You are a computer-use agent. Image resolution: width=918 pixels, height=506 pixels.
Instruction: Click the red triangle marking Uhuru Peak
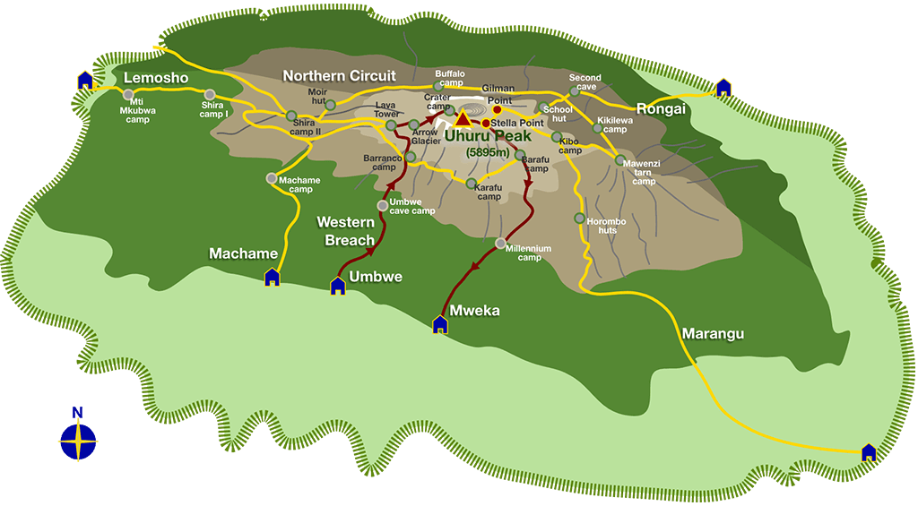(x=463, y=119)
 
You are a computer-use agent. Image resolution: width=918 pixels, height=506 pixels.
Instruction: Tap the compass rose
(x=78, y=439)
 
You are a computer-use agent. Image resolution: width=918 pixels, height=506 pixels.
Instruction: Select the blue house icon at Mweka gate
(x=440, y=323)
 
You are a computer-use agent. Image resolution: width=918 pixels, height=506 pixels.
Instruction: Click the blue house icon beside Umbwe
(x=338, y=286)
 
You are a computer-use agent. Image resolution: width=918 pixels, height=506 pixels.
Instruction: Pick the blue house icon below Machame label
(x=272, y=277)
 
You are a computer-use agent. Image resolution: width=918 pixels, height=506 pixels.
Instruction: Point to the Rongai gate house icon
(x=723, y=87)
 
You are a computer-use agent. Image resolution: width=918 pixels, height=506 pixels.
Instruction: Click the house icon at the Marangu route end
(x=868, y=452)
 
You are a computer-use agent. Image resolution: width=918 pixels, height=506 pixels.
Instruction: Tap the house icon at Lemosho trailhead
(x=85, y=81)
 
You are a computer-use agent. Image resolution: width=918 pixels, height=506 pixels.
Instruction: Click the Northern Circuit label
(x=339, y=76)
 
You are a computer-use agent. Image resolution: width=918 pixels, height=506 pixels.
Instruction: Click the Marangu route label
(x=713, y=334)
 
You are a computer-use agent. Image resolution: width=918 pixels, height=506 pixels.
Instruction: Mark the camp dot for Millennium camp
(x=501, y=243)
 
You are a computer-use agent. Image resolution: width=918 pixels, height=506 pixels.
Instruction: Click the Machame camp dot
(x=272, y=178)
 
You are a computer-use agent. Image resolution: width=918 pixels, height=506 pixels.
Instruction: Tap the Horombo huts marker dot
(x=579, y=218)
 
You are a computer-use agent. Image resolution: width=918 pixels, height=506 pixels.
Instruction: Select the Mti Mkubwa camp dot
(x=128, y=94)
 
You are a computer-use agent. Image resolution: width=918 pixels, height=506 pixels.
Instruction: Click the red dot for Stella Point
(x=486, y=124)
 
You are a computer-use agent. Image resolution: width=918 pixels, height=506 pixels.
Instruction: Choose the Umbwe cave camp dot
(x=383, y=205)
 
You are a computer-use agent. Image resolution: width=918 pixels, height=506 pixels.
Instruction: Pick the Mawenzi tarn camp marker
(x=619, y=160)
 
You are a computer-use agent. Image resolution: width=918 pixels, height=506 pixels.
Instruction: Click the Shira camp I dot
(x=210, y=94)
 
